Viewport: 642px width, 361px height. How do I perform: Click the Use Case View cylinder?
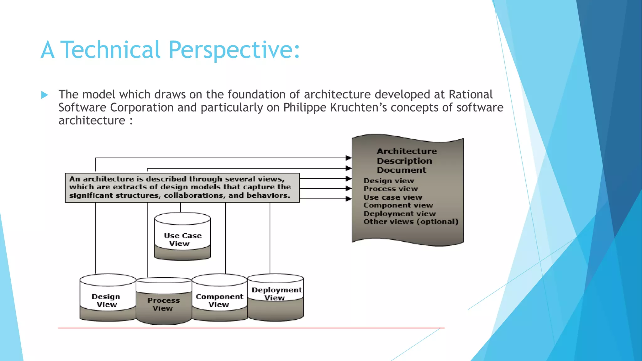tap(183, 237)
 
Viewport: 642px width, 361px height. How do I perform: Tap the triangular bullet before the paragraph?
tap(45, 95)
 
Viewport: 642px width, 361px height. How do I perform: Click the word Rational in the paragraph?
tap(471, 94)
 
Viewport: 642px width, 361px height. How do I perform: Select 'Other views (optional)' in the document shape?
tap(411, 222)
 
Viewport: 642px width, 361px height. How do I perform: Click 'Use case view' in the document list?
tap(393, 197)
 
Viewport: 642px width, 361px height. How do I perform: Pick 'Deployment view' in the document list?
tap(400, 214)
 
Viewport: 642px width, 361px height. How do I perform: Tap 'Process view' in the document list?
tap(391, 189)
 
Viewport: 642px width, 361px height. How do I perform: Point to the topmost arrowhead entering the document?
tap(348, 158)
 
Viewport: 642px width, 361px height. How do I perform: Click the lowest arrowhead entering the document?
tap(348, 199)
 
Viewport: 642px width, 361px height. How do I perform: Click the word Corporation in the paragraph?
tap(142, 107)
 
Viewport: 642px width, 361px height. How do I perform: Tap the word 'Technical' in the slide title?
tap(110, 50)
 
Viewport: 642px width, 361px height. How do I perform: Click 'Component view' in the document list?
tap(398, 205)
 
